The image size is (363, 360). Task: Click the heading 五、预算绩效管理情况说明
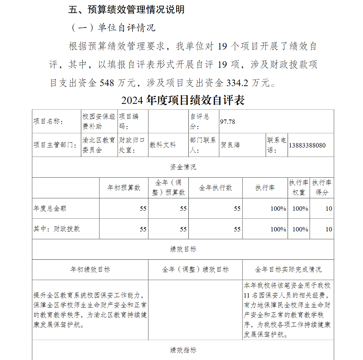pyautogui.click(x=126, y=10)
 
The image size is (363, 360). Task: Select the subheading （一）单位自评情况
pyautogui.click(x=112, y=28)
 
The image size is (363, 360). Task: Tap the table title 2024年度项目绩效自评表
pyautogui.click(x=183, y=100)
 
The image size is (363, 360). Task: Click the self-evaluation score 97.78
pyautogui.click(x=228, y=122)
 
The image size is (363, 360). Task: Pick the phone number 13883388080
pyautogui.click(x=307, y=145)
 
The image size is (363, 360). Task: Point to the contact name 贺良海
pyautogui.click(x=230, y=145)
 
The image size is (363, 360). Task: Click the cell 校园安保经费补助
pyautogui.click(x=99, y=121)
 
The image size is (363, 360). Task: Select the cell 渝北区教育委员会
pyautogui.click(x=99, y=145)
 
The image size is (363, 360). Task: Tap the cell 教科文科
pyautogui.click(x=163, y=145)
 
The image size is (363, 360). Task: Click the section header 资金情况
pyautogui.click(x=183, y=167)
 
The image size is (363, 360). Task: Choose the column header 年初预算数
pyautogui.click(x=123, y=188)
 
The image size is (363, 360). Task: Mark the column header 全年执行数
pyautogui.click(x=215, y=188)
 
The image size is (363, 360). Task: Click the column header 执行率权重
pyautogui.click(x=299, y=187)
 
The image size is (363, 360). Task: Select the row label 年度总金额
pyautogui.click(x=50, y=209)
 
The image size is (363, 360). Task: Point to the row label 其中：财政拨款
pyautogui.click(x=57, y=229)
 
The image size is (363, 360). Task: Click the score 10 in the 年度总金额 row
pyautogui.click(x=329, y=209)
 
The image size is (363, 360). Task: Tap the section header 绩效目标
pyautogui.click(x=183, y=249)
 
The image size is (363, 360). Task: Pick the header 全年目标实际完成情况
pyautogui.click(x=288, y=270)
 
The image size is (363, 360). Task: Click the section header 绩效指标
pyautogui.click(x=183, y=350)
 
